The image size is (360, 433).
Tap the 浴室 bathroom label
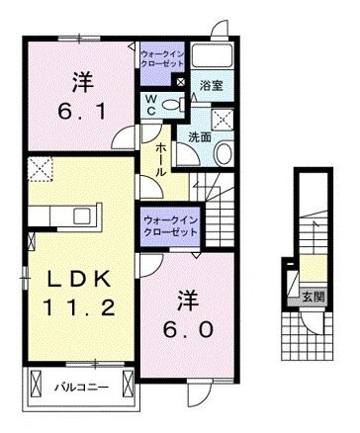pyautogui.click(x=211, y=86)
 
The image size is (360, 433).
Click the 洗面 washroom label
pyautogui.click(x=201, y=137)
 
